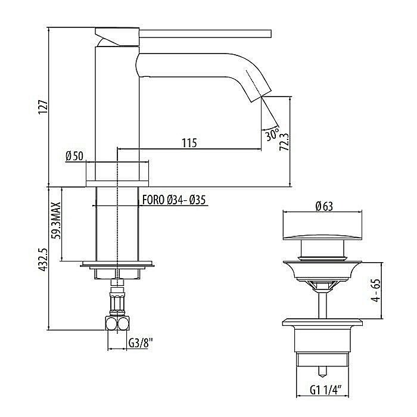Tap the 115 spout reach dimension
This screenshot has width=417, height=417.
click(x=189, y=143)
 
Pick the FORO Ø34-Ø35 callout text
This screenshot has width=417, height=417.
click(x=173, y=200)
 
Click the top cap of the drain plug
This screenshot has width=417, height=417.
click(x=322, y=230)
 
